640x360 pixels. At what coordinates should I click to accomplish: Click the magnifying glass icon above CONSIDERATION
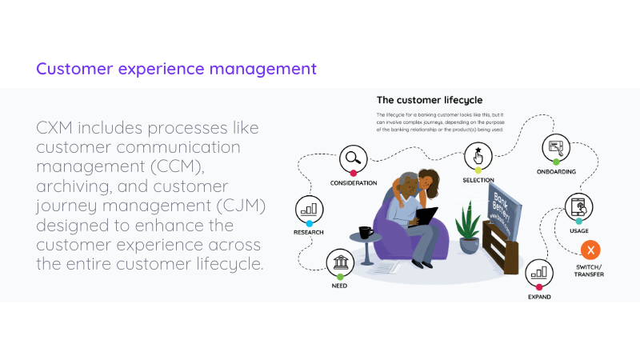(352, 158)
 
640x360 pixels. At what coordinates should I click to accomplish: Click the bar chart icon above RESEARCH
(309, 209)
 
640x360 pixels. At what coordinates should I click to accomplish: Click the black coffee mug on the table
(366, 233)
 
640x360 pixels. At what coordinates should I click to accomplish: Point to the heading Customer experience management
(176, 68)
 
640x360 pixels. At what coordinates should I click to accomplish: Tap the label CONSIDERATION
(353, 183)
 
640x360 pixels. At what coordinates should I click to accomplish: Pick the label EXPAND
(538, 297)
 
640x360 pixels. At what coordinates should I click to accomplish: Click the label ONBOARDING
(555, 171)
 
